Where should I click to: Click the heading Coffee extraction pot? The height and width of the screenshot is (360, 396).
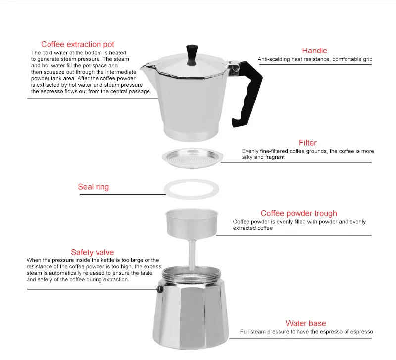click(x=78, y=44)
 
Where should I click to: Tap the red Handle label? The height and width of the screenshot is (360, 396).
click(x=314, y=51)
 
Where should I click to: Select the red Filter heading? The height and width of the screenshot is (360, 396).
click(x=307, y=143)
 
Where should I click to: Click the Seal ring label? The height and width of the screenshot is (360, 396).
click(x=93, y=187)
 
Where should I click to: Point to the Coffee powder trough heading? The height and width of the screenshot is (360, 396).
click(x=299, y=213)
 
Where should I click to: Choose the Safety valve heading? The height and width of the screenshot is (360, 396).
click(x=92, y=252)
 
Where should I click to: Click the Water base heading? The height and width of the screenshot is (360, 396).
click(x=305, y=323)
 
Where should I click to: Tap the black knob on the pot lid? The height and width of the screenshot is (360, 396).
click(x=192, y=55)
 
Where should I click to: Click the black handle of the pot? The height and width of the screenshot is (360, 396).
click(x=249, y=94)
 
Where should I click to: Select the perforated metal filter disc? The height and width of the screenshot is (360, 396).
click(x=193, y=158)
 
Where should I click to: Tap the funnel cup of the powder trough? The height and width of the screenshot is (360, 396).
click(x=192, y=223)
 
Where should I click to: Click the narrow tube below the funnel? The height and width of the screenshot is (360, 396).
click(x=192, y=255)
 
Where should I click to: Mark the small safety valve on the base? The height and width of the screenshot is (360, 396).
click(x=159, y=289)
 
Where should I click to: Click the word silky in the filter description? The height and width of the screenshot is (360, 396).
click(x=247, y=157)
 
